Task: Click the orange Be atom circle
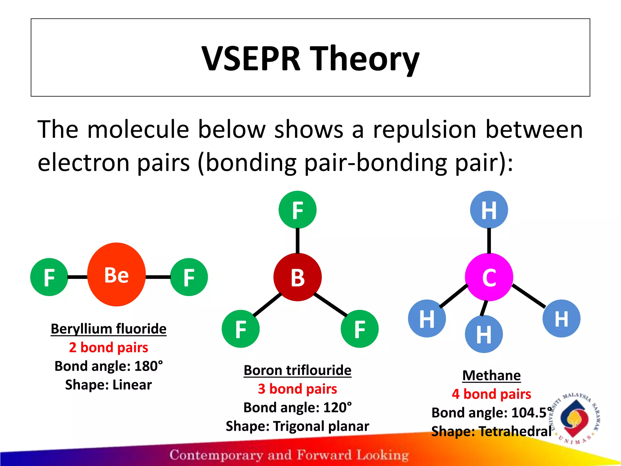(x=116, y=275)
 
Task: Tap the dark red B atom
(x=297, y=277)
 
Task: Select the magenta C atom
(x=489, y=277)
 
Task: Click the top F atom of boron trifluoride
(x=297, y=210)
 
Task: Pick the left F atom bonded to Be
(x=49, y=277)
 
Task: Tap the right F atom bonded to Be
(x=189, y=277)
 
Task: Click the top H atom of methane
(x=489, y=210)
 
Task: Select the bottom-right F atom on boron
(x=360, y=329)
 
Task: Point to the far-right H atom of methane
(x=561, y=319)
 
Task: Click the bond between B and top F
(x=297, y=241)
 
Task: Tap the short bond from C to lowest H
(x=484, y=308)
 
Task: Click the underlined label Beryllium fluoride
(x=109, y=329)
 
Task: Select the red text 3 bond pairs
(x=297, y=389)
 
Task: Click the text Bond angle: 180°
(x=109, y=366)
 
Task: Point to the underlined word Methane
(x=492, y=376)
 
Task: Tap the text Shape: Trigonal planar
(x=297, y=426)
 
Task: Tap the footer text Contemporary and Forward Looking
(x=289, y=455)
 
